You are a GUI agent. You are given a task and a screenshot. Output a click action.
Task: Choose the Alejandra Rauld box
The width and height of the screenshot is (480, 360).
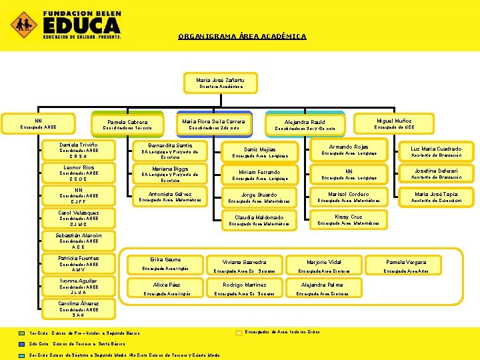click(x=305, y=125)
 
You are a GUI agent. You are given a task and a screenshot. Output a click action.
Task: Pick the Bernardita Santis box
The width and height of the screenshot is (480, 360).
click(x=170, y=150)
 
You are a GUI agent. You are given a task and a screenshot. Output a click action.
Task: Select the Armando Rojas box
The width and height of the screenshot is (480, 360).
click(x=349, y=149)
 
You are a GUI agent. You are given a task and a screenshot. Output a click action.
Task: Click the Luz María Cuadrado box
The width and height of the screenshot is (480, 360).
click(x=436, y=151)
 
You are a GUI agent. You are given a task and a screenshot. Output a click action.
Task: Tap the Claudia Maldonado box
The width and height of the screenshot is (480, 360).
click(x=259, y=220)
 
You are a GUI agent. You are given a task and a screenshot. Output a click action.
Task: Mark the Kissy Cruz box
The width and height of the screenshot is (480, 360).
click(x=348, y=219)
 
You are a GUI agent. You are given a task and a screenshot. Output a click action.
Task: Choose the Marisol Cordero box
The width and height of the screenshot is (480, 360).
click(x=349, y=197)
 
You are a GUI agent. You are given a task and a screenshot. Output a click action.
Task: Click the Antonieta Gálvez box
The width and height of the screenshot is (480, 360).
click(x=170, y=197)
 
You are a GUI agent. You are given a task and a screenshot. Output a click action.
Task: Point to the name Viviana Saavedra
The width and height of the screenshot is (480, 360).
click(x=245, y=262)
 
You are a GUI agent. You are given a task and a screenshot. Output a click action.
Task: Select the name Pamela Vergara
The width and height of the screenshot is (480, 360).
click(x=406, y=262)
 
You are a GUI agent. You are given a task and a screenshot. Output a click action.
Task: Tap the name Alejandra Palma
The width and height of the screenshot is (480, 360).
click(x=322, y=285)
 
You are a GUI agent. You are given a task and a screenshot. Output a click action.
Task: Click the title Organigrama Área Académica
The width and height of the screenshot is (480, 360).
click(x=242, y=37)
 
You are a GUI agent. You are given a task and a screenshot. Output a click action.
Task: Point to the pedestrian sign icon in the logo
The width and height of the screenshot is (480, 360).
click(x=23, y=24)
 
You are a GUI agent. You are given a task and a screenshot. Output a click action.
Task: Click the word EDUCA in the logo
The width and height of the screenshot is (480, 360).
click(x=81, y=25)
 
